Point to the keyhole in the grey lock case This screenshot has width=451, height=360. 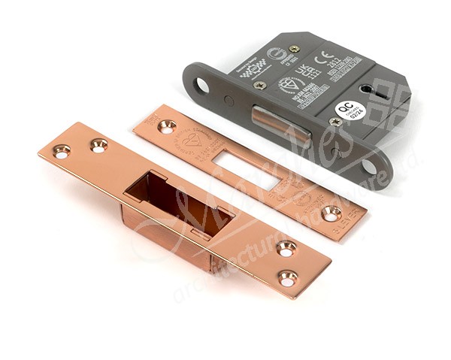(x=365, y=89)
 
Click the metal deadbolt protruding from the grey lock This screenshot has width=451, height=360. (x=280, y=122)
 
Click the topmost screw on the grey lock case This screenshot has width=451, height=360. (x=295, y=49)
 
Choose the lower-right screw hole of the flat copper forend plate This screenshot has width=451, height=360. (x=331, y=213)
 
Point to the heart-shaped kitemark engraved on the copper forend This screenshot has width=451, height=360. (x=195, y=140)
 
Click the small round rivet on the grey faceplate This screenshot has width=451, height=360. (x=229, y=100)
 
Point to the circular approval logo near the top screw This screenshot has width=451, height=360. (x=276, y=53)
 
